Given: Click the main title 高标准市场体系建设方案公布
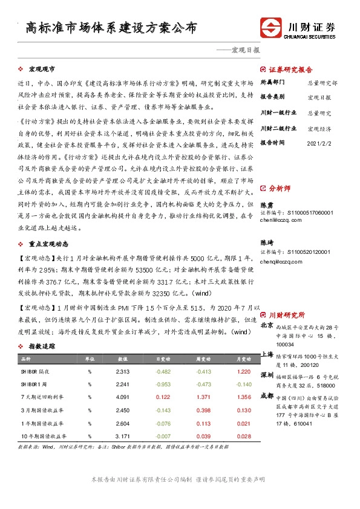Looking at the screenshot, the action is coord(111,27).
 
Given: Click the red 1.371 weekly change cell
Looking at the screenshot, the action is coord(203,397).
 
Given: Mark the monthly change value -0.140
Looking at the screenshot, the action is coord(242,384).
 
